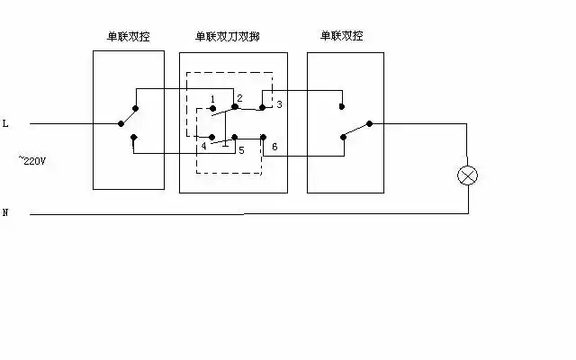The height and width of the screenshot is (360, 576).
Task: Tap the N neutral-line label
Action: click(x=5, y=213)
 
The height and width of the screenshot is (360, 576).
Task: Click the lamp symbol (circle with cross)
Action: click(x=467, y=175)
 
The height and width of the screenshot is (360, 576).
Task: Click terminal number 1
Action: click(x=211, y=98)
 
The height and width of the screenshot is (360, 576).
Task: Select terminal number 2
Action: click(x=240, y=97)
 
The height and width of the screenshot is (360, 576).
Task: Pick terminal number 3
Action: click(x=279, y=104)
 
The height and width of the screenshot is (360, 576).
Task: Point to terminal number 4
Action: click(x=203, y=146)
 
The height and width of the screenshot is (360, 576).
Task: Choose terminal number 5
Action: click(x=240, y=149)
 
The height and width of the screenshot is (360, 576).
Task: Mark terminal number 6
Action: click(x=274, y=146)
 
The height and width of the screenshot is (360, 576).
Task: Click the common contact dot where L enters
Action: click(x=121, y=123)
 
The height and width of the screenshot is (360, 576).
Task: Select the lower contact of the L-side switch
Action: click(x=133, y=138)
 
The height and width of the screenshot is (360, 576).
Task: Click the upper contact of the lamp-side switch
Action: click(x=341, y=106)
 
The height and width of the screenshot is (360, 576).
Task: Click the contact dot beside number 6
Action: click(x=262, y=137)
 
